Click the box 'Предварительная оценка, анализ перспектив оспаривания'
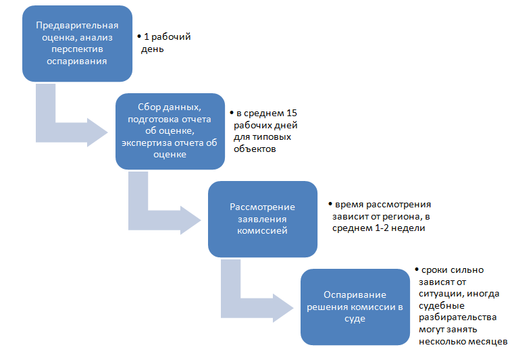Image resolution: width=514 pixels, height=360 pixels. (x=76, y=44)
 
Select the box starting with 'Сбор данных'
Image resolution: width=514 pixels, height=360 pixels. (x=170, y=131)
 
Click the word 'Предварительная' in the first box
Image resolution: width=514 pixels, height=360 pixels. (x=76, y=26)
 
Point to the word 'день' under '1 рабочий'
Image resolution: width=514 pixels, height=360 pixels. (x=153, y=49)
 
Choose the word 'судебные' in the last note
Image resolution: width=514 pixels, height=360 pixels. (x=438, y=305)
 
